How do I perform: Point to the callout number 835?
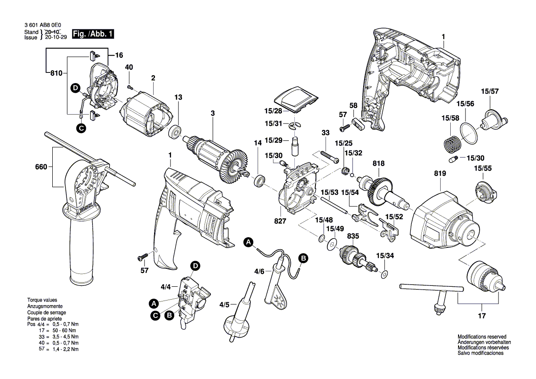[353, 236]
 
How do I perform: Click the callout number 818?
[379, 164]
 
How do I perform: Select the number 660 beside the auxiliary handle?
[41, 167]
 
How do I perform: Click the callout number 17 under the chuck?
[481, 316]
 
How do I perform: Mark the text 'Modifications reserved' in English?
[481, 336]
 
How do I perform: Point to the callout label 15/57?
[490, 91]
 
